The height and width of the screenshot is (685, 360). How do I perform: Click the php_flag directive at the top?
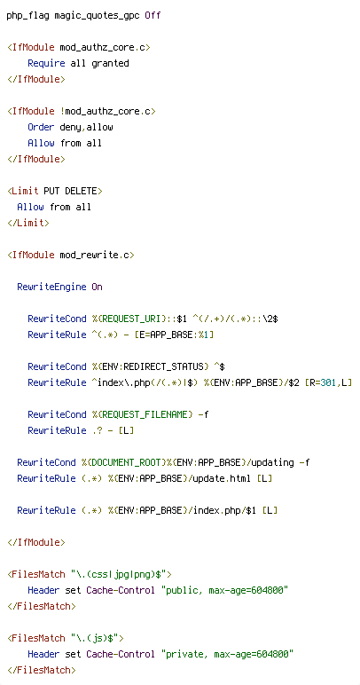click(x=27, y=16)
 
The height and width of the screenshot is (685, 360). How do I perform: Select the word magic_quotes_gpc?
click(x=97, y=16)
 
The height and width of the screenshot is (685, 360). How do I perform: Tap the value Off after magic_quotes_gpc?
click(x=153, y=16)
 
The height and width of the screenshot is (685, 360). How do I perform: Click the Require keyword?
click(x=46, y=63)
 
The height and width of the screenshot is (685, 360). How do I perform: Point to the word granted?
click(x=110, y=63)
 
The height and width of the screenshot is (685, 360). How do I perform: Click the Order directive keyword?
click(x=41, y=127)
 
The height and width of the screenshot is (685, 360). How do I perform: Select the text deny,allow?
click(x=86, y=127)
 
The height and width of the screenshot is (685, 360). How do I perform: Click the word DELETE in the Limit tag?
click(x=81, y=191)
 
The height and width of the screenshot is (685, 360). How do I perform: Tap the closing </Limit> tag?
click(x=27, y=223)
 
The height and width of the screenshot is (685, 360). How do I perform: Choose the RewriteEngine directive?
click(x=51, y=287)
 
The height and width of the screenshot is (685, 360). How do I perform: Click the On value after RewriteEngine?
click(x=97, y=287)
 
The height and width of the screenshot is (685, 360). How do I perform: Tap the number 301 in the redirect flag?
click(x=329, y=382)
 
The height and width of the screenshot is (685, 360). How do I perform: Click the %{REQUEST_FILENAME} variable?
click(x=142, y=414)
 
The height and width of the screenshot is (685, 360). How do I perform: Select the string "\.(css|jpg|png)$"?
click(x=121, y=574)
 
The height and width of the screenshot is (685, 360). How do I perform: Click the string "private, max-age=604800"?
click(x=227, y=654)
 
